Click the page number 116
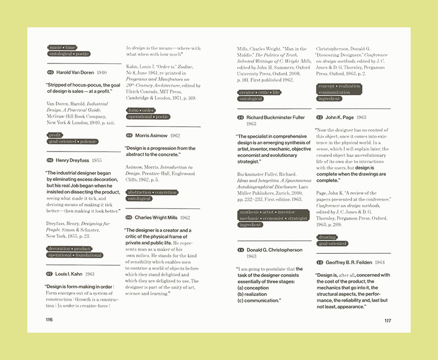[x=49, y=320]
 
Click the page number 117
[x=388, y=321]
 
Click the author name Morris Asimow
[x=150, y=135]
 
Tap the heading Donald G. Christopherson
[x=274, y=250]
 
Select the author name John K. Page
[x=339, y=118]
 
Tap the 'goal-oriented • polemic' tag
[x=72, y=141]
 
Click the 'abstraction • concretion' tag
[x=152, y=193]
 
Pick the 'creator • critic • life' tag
[x=259, y=92]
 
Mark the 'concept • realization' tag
[x=339, y=86]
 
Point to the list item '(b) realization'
[x=252, y=294]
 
